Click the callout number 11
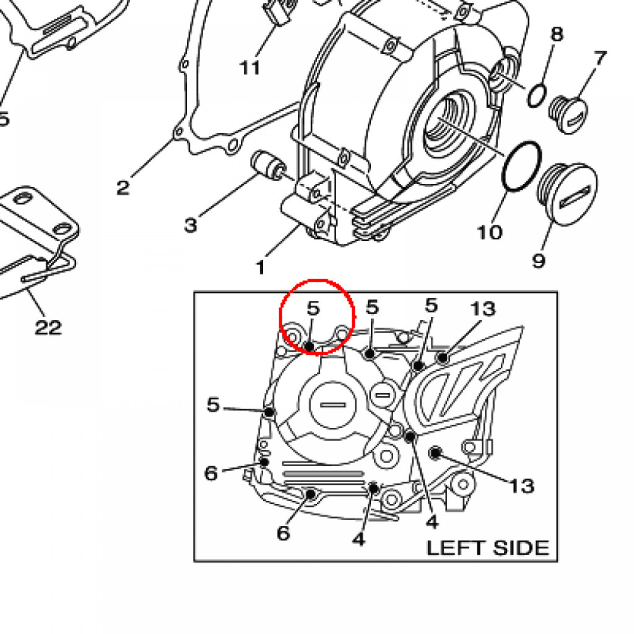(250, 67)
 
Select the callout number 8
(557, 33)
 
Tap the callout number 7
(600, 59)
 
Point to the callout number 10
(489, 232)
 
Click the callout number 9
(539, 260)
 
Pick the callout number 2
(123, 186)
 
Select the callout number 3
(190, 224)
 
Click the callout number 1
(260, 267)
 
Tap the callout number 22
(48, 326)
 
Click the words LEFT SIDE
(487, 548)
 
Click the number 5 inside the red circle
(314, 307)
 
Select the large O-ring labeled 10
(519, 167)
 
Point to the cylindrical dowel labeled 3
(267, 163)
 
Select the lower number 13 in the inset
(522, 485)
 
